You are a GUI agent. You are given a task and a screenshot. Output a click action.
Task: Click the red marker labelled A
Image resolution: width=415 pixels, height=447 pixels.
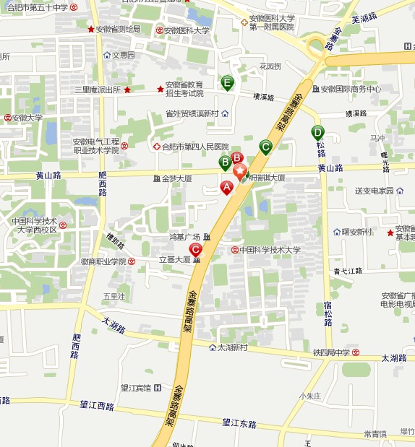(226, 188)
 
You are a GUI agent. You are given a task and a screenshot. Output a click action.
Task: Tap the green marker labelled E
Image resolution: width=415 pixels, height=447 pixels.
(228, 83)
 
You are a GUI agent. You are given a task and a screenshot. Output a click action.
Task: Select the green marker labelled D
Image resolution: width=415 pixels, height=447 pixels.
(317, 132)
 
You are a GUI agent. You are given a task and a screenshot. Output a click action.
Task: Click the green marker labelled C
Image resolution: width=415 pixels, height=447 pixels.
(265, 147)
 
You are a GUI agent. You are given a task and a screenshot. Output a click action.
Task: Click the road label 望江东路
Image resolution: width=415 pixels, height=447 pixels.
(239, 424)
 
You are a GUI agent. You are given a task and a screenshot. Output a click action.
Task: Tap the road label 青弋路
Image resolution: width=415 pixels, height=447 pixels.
(348, 272)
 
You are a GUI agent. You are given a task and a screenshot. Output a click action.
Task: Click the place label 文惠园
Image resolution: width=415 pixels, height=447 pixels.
(123, 55)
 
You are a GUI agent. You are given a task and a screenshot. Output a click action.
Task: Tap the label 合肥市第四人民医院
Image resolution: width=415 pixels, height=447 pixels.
(190, 147)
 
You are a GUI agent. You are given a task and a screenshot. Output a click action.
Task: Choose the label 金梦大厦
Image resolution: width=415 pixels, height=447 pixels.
(176, 178)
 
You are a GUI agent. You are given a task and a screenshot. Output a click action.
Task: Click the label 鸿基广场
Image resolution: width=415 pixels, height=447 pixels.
(184, 237)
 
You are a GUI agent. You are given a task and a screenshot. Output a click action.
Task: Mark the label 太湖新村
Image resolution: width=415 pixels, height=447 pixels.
(232, 347)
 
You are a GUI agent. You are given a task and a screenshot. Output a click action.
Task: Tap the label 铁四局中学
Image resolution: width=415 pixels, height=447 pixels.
(331, 352)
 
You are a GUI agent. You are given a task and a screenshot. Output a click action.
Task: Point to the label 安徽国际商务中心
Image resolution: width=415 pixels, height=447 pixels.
(351, 90)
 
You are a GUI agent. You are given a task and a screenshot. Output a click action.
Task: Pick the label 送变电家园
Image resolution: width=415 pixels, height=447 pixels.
(374, 191)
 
